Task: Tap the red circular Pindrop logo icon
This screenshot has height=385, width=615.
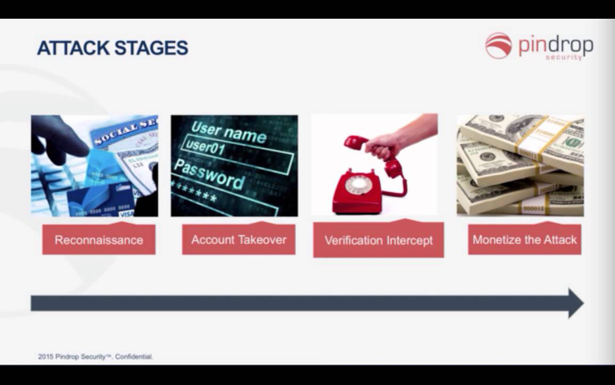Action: [498, 45]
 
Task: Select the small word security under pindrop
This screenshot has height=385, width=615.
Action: [564, 57]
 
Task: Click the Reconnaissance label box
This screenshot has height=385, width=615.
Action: [99, 240]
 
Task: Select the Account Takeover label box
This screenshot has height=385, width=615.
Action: [239, 240]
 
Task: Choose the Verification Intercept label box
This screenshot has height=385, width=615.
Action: [379, 241]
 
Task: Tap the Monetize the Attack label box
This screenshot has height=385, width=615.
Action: [524, 240]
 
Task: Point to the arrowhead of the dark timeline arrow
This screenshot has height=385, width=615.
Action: [575, 303]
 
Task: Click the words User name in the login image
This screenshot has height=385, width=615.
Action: [228, 132]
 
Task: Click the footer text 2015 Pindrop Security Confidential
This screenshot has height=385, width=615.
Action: [96, 356]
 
